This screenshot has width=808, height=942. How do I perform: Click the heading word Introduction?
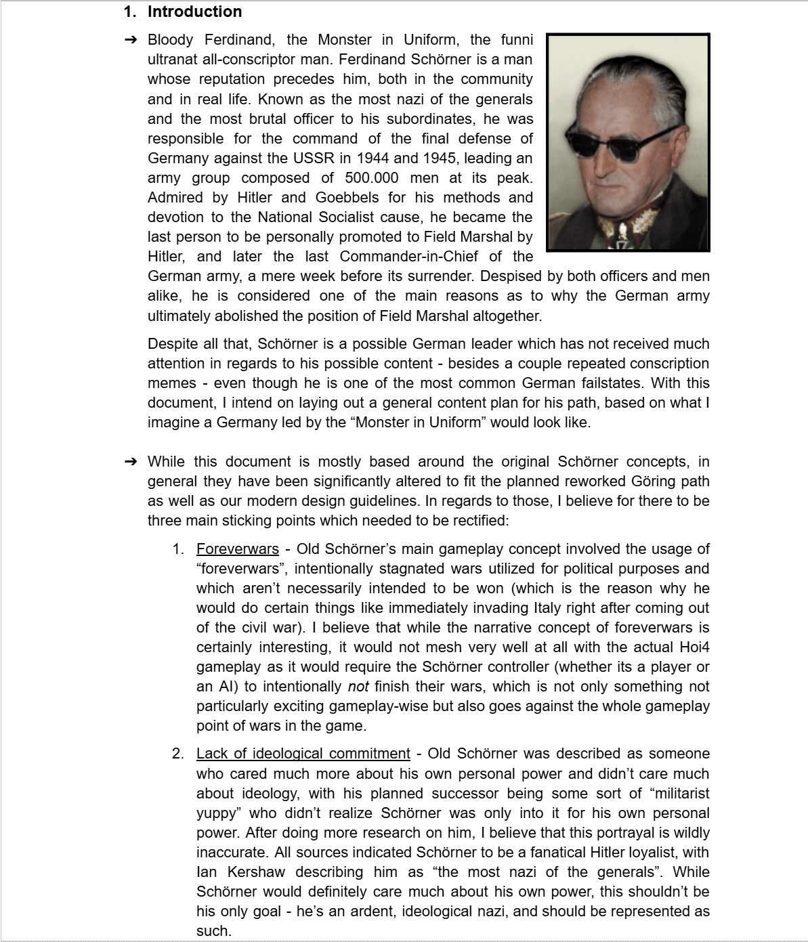(194, 12)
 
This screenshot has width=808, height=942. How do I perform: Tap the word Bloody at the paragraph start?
(170, 40)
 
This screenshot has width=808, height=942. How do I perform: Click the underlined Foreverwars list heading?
(237, 549)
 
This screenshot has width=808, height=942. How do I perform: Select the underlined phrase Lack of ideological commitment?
(303, 754)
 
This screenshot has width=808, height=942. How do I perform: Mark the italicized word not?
(358, 687)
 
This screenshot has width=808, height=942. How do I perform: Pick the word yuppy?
(218, 813)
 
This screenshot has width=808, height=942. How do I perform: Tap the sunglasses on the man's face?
(624, 143)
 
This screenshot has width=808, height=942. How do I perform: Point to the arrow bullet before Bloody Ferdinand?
(131, 40)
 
